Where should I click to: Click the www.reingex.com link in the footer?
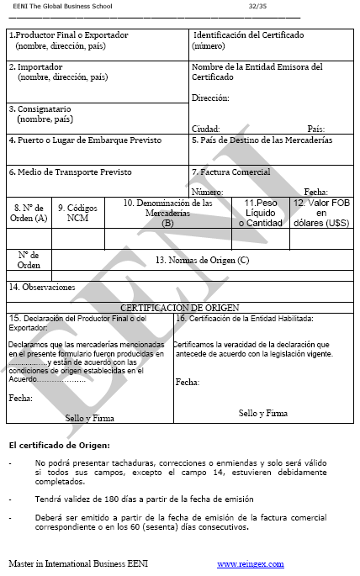click(251, 563)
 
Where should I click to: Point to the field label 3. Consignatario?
click(40, 109)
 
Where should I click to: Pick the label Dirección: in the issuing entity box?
click(210, 98)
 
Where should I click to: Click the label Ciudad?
click(205, 129)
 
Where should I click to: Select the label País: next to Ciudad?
click(316, 129)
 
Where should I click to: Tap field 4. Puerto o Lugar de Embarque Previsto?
click(85, 140)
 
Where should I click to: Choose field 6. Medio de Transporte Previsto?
click(71, 172)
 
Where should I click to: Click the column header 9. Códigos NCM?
click(77, 212)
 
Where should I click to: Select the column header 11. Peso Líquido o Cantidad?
click(260, 212)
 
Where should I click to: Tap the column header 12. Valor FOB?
click(322, 212)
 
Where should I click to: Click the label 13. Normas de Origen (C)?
click(203, 260)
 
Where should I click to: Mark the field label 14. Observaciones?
click(42, 287)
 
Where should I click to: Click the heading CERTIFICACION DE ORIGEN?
click(180, 308)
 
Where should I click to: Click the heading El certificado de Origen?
click(59, 445)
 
